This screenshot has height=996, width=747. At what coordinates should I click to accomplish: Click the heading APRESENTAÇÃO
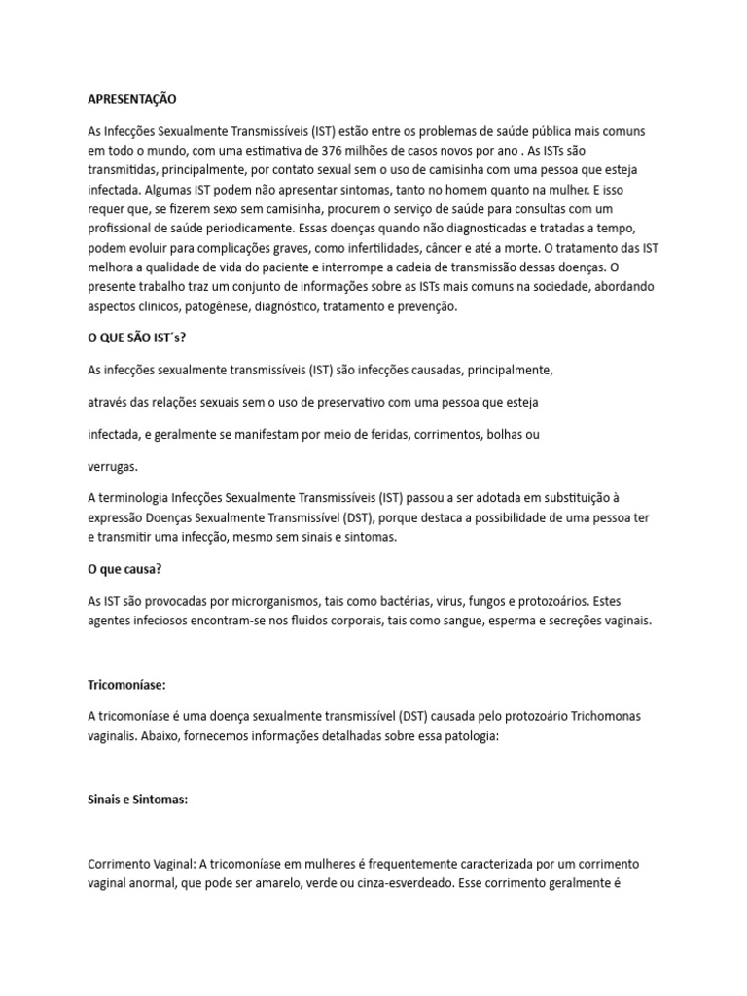click(x=133, y=99)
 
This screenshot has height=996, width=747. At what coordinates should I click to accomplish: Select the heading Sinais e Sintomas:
click(x=137, y=800)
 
